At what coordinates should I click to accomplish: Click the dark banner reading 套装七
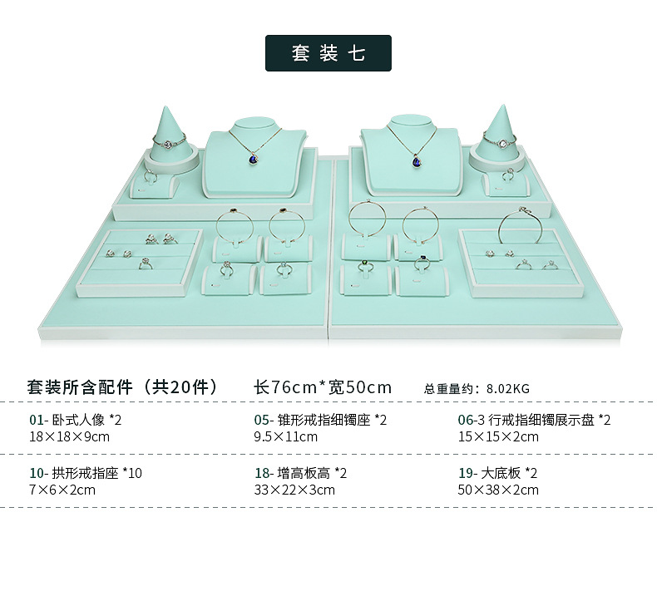tap(328, 53)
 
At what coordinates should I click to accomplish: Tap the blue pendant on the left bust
tap(254, 159)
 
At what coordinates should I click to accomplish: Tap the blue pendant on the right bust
tap(417, 160)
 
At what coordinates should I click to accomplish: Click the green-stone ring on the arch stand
tap(365, 265)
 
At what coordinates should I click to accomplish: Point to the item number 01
tap(36, 420)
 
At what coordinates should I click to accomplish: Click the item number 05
tap(261, 420)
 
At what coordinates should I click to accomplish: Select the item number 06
tap(465, 420)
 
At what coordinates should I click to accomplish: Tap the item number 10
tap(37, 473)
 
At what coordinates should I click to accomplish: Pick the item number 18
tap(262, 473)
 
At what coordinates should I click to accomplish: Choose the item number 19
tap(466, 473)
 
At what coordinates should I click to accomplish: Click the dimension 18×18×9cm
tap(69, 437)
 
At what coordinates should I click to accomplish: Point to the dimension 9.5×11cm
tap(285, 437)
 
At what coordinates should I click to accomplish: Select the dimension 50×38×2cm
tap(498, 490)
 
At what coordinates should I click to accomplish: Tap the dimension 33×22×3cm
tap(294, 490)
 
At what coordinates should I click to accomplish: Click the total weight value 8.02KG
tap(508, 389)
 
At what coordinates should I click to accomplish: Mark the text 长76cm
tap(285, 387)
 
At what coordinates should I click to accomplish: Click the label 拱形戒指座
tap(85, 473)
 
